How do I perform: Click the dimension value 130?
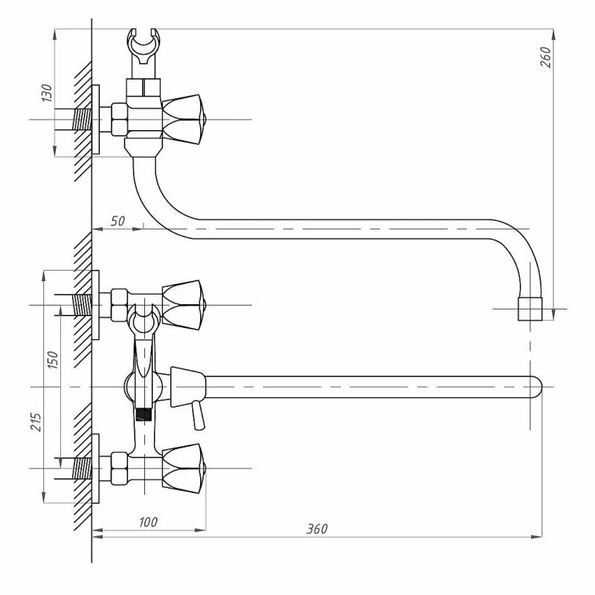coord(47,94)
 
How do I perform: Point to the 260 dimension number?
coord(544,57)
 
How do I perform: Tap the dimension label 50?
coord(118,221)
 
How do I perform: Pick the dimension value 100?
coord(148,523)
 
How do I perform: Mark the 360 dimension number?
coord(316,529)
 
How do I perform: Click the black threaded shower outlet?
coord(145,411)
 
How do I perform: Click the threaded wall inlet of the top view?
coord(82,119)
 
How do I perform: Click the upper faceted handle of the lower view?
coord(182,305)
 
